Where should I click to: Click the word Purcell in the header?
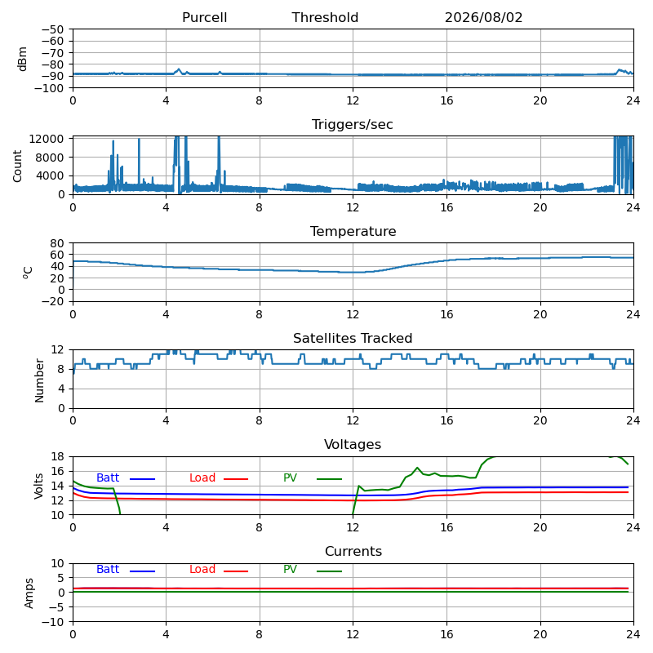(205, 17)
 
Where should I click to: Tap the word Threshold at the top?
(325, 17)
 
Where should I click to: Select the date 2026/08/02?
(483, 17)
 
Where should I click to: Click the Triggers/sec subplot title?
(353, 125)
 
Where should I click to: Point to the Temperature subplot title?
(353, 231)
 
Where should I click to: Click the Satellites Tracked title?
(353, 338)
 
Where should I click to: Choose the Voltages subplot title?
(353, 444)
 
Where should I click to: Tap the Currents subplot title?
(353, 552)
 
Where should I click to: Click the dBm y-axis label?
(22, 59)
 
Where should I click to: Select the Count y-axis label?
(17, 167)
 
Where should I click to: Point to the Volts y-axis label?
(38, 486)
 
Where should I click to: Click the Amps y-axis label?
(29, 593)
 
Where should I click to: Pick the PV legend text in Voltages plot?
(290, 478)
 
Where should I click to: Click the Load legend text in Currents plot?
(202, 569)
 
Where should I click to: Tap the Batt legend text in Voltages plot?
(108, 478)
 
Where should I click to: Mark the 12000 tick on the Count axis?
(47, 139)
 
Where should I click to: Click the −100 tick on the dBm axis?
(49, 88)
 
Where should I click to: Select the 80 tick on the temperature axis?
(57, 242)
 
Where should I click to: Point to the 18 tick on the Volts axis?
(57, 456)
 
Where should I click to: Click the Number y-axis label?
(39, 380)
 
